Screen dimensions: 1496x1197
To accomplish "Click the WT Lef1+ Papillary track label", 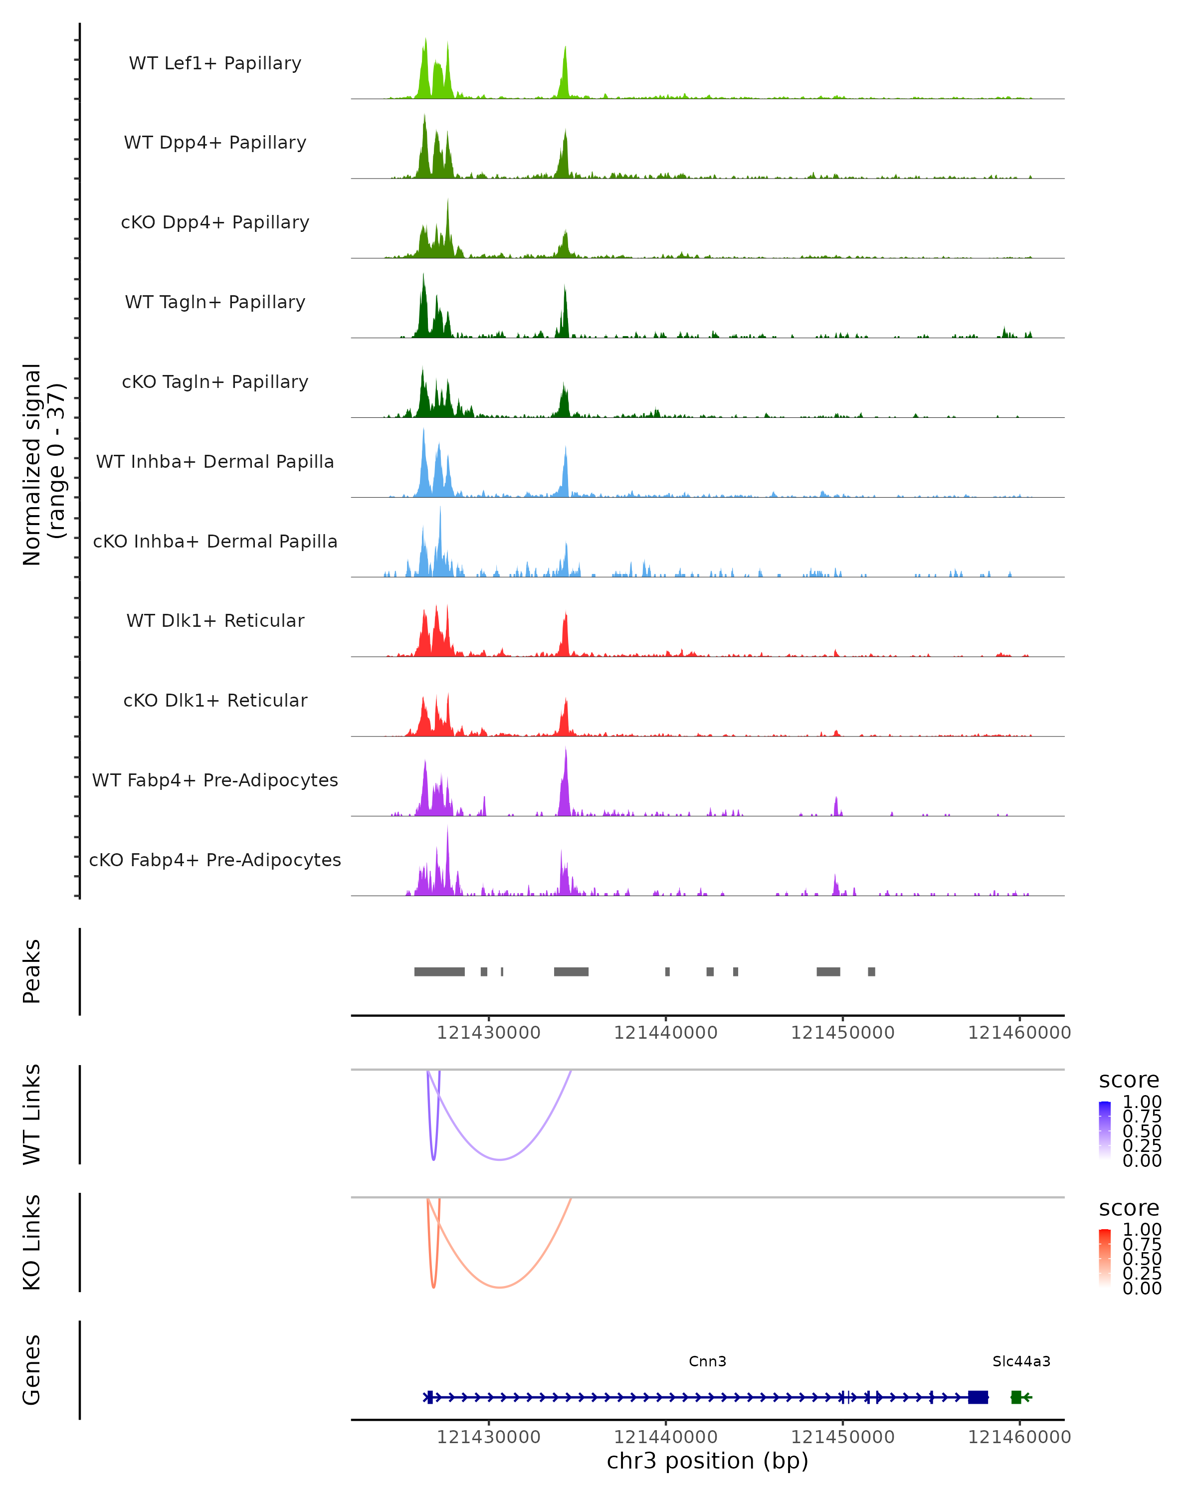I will (x=215, y=63).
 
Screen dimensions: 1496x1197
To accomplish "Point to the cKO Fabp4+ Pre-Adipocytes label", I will (x=215, y=860).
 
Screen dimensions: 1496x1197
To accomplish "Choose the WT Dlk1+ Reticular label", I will (x=215, y=620).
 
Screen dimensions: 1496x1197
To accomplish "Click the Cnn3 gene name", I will (x=707, y=1361).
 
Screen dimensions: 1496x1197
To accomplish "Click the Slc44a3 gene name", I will (x=1021, y=1361).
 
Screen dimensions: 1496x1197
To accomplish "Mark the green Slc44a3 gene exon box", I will (x=1016, y=1397).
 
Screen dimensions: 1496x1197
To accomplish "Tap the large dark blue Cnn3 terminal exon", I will (x=978, y=1397).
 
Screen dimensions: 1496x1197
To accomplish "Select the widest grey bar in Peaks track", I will (x=439, y=971).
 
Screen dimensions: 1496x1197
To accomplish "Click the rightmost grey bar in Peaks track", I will (x=871, y=971).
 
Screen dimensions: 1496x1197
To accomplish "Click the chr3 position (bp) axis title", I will (x=707, y=1461).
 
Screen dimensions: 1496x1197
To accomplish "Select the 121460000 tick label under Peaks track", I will (x=1019, y=1033).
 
